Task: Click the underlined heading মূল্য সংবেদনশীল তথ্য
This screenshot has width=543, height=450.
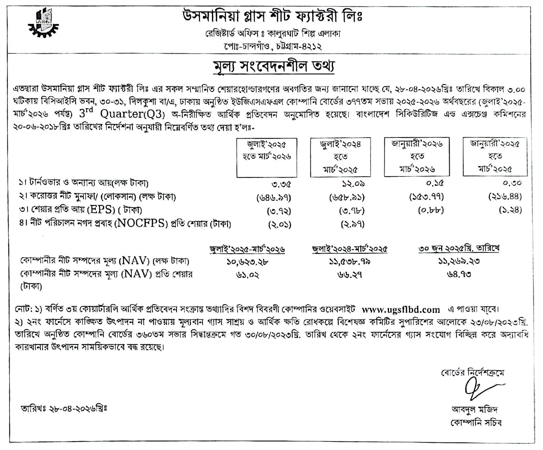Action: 274,67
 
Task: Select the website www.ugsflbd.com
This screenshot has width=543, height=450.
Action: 401,310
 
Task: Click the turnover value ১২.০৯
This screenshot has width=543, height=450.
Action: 353,184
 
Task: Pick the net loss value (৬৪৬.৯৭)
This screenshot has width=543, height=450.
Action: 274,198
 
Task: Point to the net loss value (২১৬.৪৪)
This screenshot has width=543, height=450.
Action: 505,197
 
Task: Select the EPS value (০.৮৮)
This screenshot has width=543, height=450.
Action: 431,210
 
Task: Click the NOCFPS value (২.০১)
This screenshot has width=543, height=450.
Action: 280,224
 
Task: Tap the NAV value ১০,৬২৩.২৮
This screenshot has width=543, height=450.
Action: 247,261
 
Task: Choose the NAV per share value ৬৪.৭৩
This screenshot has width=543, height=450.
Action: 459,275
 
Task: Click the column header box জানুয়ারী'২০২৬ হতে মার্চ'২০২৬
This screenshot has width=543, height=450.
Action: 417,157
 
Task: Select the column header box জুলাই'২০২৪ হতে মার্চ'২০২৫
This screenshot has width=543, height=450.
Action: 340,157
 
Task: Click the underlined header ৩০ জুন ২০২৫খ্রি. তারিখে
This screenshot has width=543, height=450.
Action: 459,248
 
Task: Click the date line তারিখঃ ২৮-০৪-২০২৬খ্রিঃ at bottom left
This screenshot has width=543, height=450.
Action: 64,409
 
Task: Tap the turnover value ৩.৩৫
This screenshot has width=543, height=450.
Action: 281,184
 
